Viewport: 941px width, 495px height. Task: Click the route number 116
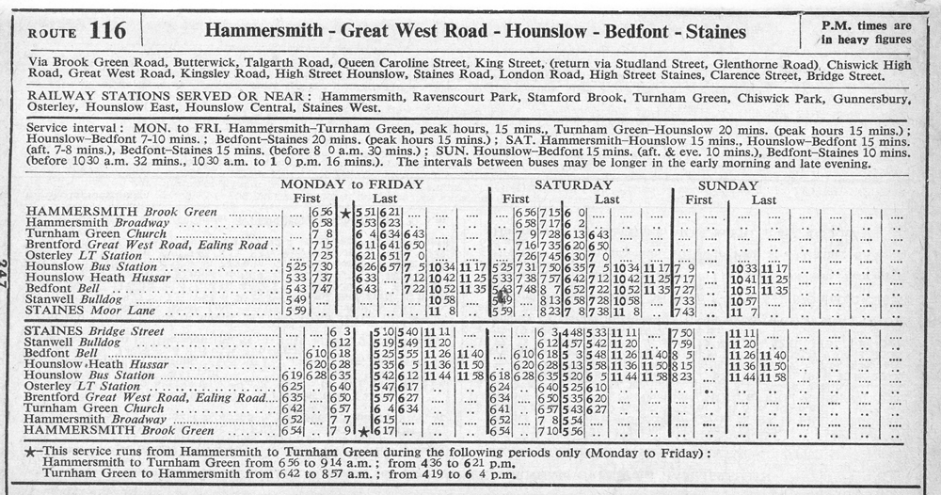click(109, 30)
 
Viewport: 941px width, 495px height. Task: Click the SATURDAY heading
click(572, 184)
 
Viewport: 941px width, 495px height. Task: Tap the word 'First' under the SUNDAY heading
click(699, 200)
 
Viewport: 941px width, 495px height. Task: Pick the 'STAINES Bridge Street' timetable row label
click(95, 332)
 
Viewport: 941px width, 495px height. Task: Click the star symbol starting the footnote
click(34, 452)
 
